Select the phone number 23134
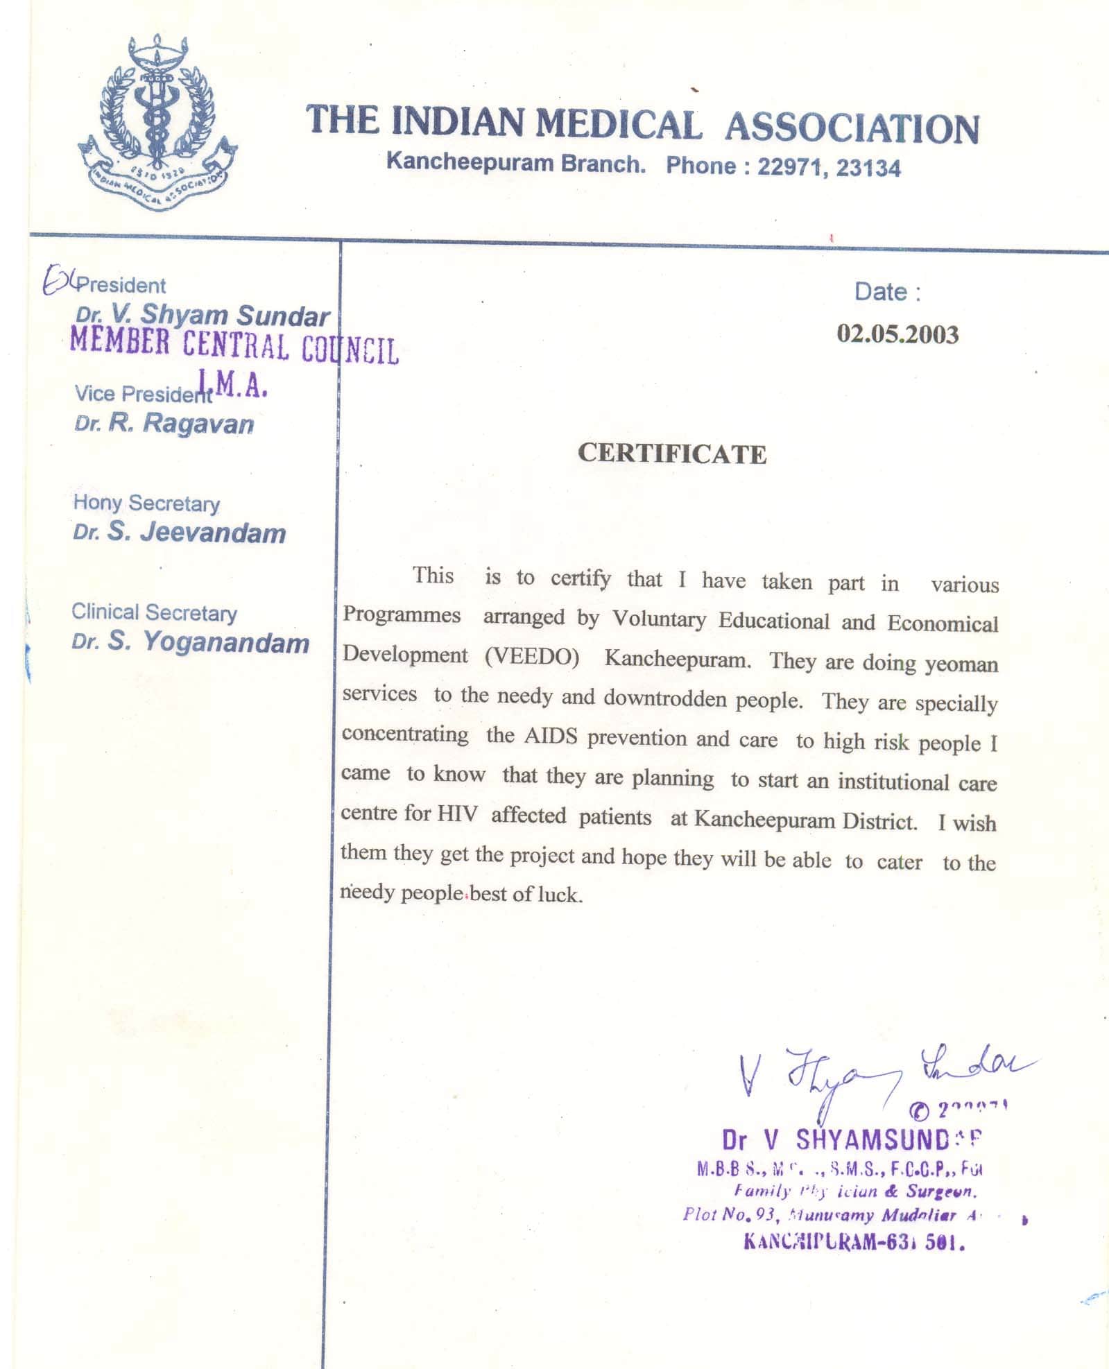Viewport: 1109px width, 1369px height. [868, 168]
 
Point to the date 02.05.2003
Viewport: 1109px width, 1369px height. [897, 334]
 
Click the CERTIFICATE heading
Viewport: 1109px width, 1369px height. [672, 454]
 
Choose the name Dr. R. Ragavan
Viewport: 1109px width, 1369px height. [164, 423]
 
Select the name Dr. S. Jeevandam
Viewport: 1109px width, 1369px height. [180, 533]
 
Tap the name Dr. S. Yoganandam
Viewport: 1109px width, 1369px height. [191, 642]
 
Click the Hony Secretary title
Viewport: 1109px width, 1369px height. [146, 503]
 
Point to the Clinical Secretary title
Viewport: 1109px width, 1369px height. [154, 612]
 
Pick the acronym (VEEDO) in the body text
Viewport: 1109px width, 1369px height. [532, 656]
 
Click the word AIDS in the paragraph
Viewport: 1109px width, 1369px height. [551, 736]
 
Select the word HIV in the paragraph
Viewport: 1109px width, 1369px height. [457, 813]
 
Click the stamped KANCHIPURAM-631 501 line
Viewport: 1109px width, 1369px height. [854, 1241]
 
